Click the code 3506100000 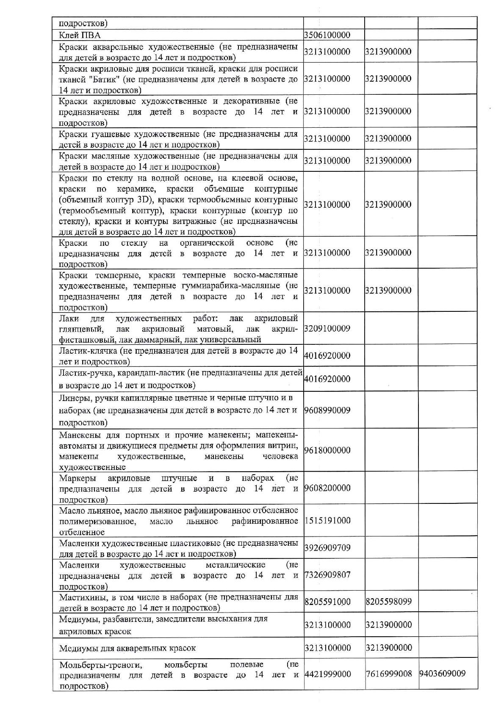coord(327,35)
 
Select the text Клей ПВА coord(80,35)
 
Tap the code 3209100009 coord(327,329)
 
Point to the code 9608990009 coord(327,410)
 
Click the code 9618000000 coord(327,450)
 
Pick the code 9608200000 coord(327,488)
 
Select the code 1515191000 coord(327,521)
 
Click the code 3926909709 coord(327,548)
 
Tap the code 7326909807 coord(327,575)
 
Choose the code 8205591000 coord(327,602)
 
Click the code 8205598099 coord(388,602)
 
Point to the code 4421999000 coord(327,674)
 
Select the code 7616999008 coord(388,674)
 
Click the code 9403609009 coord(443,674)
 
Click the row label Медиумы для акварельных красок coord(127,648)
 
